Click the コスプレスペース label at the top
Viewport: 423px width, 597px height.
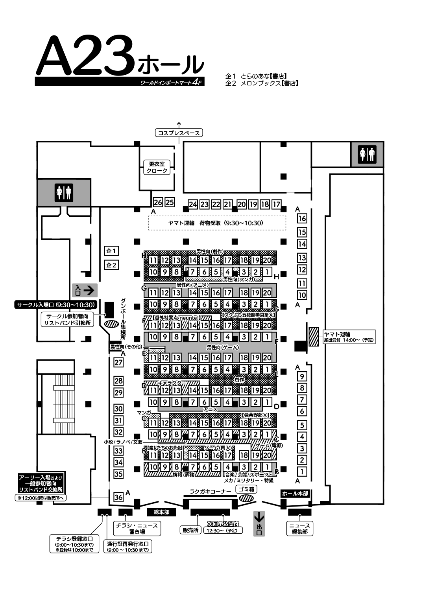pos(179,133)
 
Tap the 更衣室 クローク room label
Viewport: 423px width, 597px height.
pos(157,167)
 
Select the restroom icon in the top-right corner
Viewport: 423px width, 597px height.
pos(367,154)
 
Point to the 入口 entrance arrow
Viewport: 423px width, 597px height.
pos(84,290)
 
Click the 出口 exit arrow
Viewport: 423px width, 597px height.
pos(259,523)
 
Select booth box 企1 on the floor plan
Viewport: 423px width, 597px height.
pos(112,251)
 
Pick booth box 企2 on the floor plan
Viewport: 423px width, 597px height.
pos(112,265)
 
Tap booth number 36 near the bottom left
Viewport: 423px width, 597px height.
pos(118,497)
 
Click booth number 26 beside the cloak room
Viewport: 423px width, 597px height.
pos(158,203)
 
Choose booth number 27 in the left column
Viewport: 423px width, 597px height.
pos(118,362)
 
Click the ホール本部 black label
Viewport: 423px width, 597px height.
pos(295,494)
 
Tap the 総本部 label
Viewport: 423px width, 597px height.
pos(161,512)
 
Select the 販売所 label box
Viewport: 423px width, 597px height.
pos(190,530)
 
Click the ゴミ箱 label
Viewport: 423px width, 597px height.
pos(246,489)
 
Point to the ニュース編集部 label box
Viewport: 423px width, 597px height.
pos(299,528)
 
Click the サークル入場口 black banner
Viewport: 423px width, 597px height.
pos(55,304)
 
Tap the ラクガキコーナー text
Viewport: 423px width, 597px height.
pos(211,491)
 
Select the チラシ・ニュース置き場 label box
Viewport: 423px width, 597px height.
pos(137,528)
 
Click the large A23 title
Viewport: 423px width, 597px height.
pos(87,57)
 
